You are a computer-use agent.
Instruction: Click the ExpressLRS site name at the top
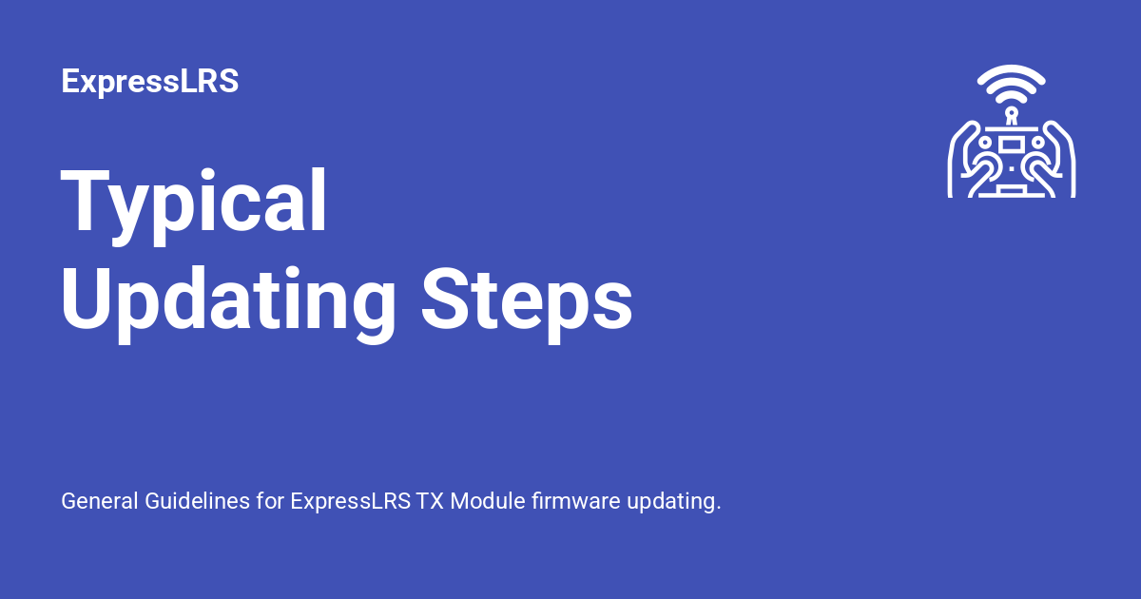tap(149, 82)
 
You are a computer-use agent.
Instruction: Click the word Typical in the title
tap(194, 203)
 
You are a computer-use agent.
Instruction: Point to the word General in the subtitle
tap(99, 501)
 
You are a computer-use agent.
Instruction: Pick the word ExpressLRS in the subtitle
tap(351, 501)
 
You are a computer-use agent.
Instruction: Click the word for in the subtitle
tap(270, 501)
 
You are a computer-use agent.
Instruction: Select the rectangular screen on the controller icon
tap(1012, 144)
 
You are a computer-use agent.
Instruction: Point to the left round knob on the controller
tap(986, 143)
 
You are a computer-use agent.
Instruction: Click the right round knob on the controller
tap(1037, 143)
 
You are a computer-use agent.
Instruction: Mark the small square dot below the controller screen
tap(1012, 168)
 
